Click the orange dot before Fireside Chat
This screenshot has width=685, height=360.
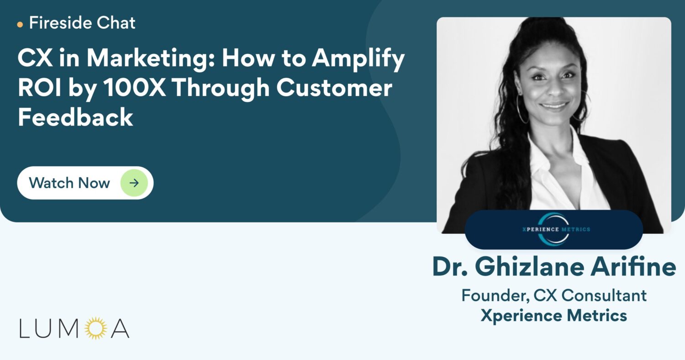pyautogui.click(x=20, y=25)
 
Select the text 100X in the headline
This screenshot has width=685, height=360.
pyautogui.click(x=135, y=87)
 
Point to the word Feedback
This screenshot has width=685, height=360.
pyautogui.click(x=75, y=117)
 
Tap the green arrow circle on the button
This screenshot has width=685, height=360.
pyautogui.click(x=134, y=183)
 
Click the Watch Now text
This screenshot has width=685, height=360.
pyautogui.click(x=69, y=183)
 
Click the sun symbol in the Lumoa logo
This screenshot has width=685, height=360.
pyautogui.click(x=96, y=328)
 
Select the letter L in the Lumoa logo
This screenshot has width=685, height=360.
pyautogui.click(x=24, y=328)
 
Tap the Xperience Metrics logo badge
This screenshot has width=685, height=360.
pyautogui.click(x=554, y=229)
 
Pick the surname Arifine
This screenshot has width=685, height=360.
pyautogui.click(x=633, y=267)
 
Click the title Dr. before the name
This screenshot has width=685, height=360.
pyautogui.click(x=450, y=267)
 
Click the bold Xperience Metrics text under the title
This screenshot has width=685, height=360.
pyautogui.click(x=554, y=316)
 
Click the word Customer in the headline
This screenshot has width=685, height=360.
pyautogui.click(x=334, y=87)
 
